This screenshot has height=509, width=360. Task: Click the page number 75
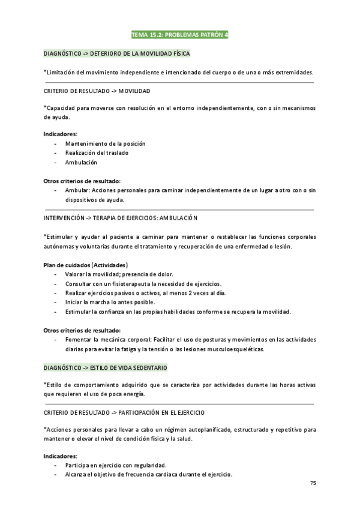(x=313, y=483)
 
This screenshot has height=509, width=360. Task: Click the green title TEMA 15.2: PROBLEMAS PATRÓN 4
(x=179, y=35)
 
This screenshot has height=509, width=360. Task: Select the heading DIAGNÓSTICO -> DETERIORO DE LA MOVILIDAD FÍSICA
(x=117, y=54)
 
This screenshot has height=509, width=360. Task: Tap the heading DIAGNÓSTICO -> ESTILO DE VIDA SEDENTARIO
(x=106, y=366)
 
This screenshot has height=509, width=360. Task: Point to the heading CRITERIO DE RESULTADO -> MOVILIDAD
(x=97, y=91)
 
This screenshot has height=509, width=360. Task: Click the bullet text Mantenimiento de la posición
(x=105, y=143)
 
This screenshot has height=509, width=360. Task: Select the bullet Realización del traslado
(x=97, y=152)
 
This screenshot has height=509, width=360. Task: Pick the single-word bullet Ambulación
(x=81, y=162)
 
